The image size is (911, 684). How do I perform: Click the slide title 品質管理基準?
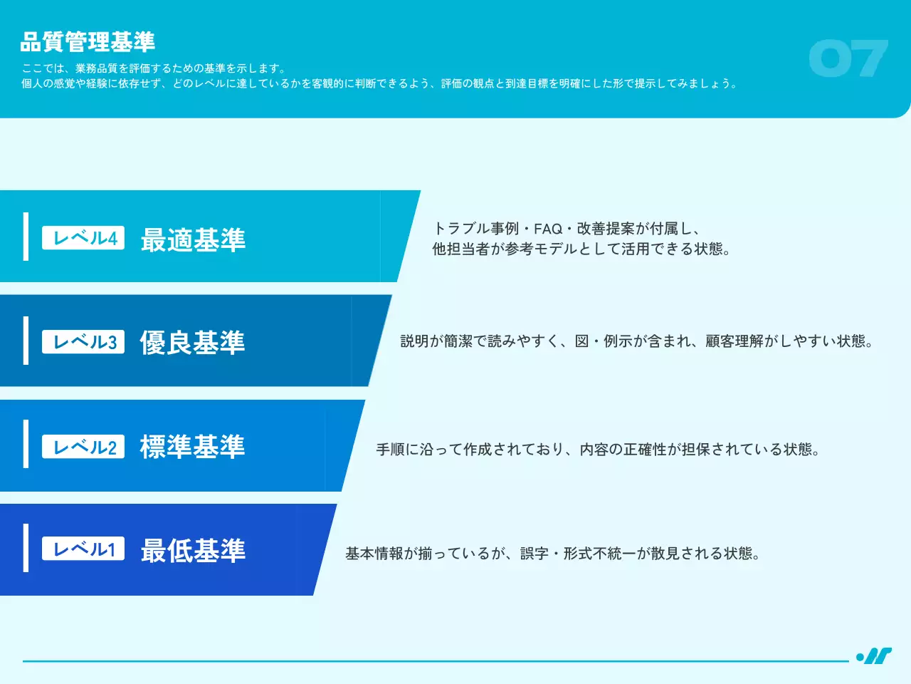pos(88,42)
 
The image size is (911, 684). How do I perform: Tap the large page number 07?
pos(848,58)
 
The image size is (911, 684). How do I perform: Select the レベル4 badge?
pos(83,238)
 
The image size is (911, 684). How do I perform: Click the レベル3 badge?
pos(83,342)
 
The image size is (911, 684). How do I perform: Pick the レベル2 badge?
pos(83,447)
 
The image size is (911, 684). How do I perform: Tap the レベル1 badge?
pos(83,549)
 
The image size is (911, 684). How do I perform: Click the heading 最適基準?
pos(193,239)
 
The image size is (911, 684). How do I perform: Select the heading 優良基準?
pos(192,343)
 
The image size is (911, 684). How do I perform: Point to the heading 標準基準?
pos(192,447)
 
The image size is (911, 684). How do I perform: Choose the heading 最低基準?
pos(193,550)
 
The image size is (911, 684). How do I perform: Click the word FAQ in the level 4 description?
pos(548,229)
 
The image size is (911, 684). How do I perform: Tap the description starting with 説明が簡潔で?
pos(636,341)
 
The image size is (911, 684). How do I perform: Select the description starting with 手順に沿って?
pos(598,450)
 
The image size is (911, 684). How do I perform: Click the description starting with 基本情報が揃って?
pos(553,554)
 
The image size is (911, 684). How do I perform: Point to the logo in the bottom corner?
pos(874,655)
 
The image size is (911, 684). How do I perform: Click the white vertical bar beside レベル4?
pos(26,236)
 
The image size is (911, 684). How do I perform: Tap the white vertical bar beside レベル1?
pos(26,548)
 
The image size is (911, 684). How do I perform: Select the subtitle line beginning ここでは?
pos(154,68)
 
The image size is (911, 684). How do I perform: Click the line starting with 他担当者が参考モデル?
pos(581,249)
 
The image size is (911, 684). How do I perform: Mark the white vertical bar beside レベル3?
pos(26,341)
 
